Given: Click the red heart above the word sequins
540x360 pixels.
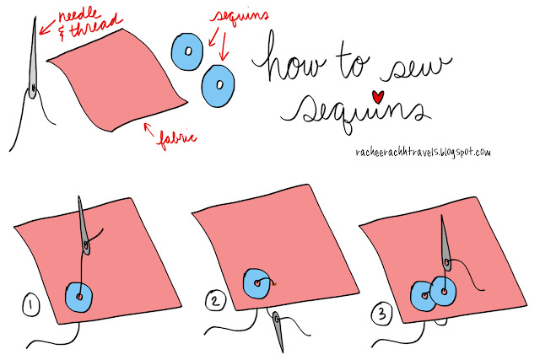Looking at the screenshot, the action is (378, 97).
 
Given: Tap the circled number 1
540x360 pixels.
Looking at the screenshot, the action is (31, 304).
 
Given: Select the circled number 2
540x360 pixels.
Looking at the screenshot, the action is (216, 301).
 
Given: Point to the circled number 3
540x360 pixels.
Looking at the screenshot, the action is (382, 314).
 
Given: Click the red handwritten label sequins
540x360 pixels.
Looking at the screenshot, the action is (240, 17).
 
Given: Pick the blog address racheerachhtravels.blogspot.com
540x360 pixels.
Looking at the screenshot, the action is (423, 152).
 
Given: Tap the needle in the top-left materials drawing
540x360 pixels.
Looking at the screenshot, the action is (33, 58).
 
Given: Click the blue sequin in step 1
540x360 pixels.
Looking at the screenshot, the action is (79, 297).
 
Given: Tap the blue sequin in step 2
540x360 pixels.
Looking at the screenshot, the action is (256, 283).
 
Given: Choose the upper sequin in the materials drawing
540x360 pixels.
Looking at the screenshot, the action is (187, 51).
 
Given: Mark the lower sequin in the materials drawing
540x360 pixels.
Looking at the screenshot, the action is (218, 86).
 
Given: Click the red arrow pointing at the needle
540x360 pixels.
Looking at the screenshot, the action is (47, 28).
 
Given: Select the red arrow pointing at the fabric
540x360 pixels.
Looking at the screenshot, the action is (149, 130).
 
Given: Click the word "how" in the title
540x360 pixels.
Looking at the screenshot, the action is (289, 59).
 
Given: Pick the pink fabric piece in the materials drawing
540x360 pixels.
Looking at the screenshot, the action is (117, 79).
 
